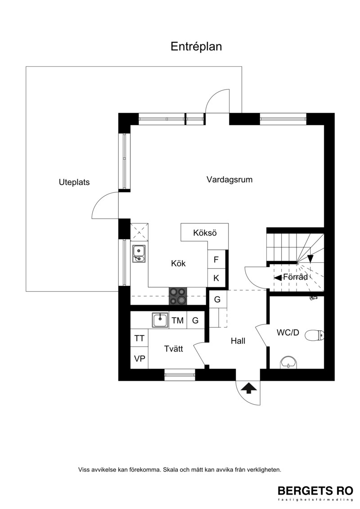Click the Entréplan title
point(196,47)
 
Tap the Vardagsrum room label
point(229,180)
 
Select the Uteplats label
point(74,182)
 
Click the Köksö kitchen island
point(204,233)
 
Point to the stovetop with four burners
point(178,296)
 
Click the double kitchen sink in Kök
point(139,253)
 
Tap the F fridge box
point(216,259)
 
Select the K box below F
point(216,278)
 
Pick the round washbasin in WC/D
point(288,362)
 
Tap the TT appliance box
point(139,338)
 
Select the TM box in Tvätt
point(178,320)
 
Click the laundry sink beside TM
point(160,320)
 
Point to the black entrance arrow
point(248,387)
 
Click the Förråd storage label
point(295,277)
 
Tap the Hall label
point(238,341)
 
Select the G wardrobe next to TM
point(195,320)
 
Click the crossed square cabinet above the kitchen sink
point(139,232)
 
